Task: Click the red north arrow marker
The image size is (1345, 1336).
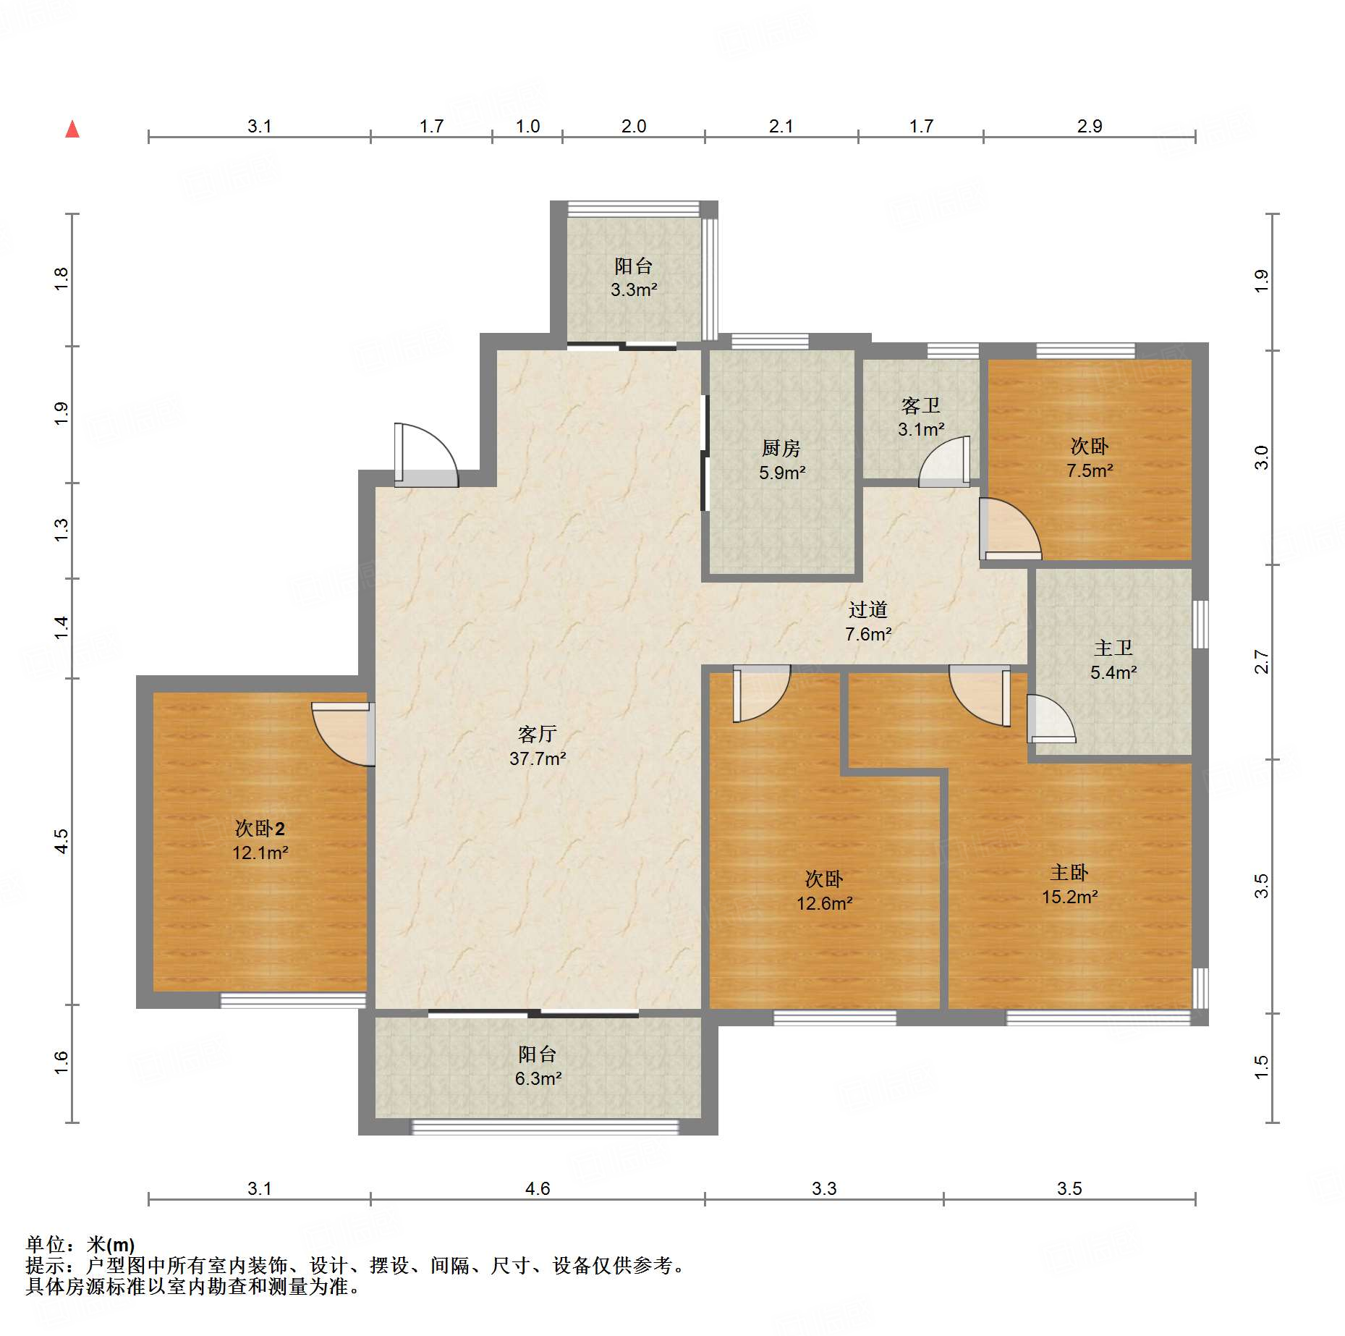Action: [72, 130]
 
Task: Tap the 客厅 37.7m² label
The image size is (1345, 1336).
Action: [537, 746]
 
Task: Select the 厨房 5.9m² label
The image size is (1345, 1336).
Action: [781, 460]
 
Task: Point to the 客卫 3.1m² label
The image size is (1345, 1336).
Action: [921, 417]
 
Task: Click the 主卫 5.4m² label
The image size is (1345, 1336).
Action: [1113, 660]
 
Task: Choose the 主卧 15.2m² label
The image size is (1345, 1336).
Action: [1069, 884]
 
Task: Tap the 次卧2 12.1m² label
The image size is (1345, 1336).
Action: [260, 840]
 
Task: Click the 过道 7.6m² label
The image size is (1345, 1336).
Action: [867, 622]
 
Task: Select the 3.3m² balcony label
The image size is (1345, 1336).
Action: [634, 278]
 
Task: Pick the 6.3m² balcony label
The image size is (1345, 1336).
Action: [538, 1066]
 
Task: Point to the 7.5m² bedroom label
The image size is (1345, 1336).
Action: [1090, 458]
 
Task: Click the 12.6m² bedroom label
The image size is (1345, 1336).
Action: [824, 891]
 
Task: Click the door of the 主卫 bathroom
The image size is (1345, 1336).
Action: [1048, 719]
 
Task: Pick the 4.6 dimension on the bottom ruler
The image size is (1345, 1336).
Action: [538, 1188]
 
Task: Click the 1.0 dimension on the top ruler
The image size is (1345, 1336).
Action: [527, 127]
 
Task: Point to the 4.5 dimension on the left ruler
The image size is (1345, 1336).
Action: [61, 841]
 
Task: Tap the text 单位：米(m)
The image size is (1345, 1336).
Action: [80, 1244]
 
